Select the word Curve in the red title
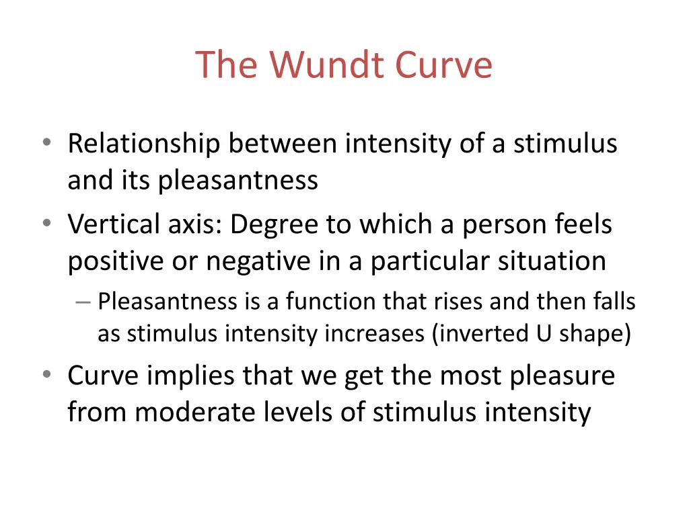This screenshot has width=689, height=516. [443, 65]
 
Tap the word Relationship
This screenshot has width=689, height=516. [143, 144]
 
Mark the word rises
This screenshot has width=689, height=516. [462, 302]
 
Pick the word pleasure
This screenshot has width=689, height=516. [562, 376]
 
